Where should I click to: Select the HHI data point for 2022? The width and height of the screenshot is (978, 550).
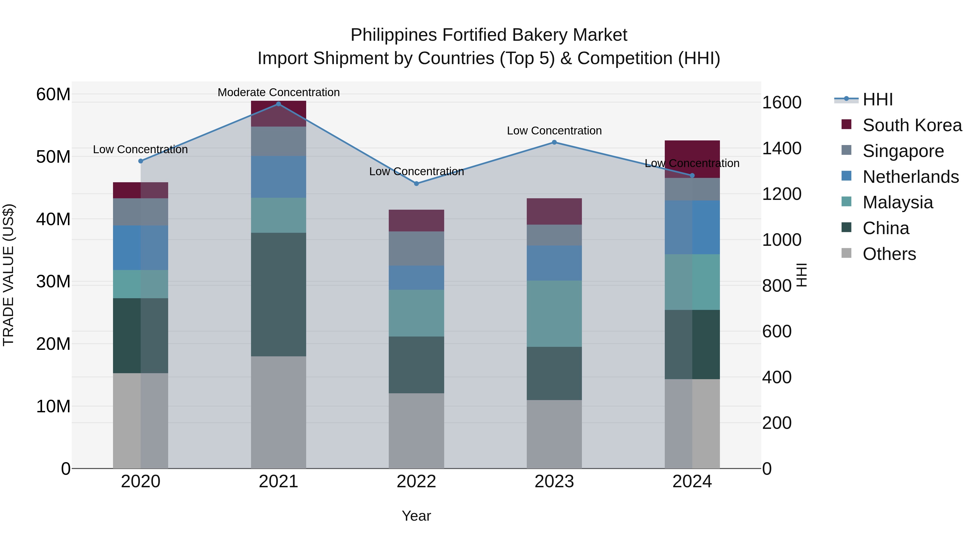click(x=416, y=184)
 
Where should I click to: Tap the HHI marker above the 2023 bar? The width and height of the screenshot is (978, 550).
click(x=554, y=142)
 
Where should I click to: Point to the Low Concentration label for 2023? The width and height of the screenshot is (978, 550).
click(x=554, y=131)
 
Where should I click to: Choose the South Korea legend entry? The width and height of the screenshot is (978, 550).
click(x=912, y=125)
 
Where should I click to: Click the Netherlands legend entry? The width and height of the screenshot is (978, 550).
click(x=910, y=177)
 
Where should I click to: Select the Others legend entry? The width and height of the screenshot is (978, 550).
click(x=889, y=254)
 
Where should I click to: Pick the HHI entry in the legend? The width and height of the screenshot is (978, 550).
click(x=877, y=99)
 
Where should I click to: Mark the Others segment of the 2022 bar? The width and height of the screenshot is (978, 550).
click(x=416, y=430)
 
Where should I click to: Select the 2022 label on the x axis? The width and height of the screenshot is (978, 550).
click(x=416, y=482)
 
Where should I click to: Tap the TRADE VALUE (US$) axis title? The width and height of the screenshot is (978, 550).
click(x=8, y=275)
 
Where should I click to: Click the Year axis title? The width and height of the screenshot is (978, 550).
click(x=416, y=516)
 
